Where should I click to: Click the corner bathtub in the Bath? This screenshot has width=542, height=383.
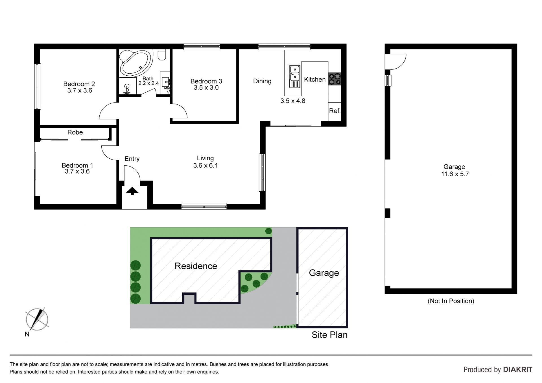(136, 62)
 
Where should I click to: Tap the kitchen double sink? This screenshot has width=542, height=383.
(294, 76)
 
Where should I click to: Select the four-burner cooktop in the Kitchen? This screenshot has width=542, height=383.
(335, 79)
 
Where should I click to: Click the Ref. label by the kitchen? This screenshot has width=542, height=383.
(335, 111)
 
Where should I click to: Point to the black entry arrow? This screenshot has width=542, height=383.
(132, 191)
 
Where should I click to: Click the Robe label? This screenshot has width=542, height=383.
(75, 132)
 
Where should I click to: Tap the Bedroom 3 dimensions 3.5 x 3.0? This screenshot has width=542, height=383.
(206, 88)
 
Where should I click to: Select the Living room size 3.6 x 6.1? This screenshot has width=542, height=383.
(206, 166)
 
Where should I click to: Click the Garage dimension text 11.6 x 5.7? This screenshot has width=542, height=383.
(455, 174)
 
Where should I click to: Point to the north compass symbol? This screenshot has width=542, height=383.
(37, 319)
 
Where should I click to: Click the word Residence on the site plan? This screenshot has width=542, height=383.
(196, 266)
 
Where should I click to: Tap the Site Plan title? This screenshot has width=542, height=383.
(329, 335)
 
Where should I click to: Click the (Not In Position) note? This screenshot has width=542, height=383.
(451, 301)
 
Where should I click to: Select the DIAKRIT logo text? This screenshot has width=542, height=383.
(518, 369)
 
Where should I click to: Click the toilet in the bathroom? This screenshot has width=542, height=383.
(162, 55)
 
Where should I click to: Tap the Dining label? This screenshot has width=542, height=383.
(262, 81)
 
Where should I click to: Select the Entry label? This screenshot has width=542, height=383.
(132, 159)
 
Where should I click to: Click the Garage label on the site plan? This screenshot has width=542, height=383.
(324, 273)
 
